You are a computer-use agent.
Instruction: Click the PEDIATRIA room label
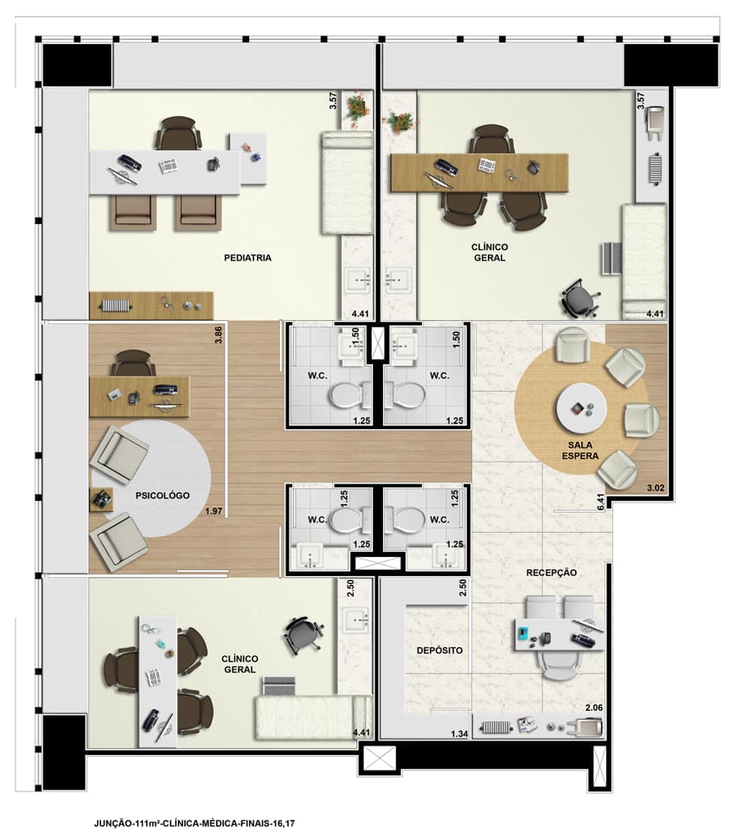(x=247, y=258)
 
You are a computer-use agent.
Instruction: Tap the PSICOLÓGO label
(x=162, y=496)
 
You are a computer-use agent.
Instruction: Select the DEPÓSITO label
(x=439, y=650)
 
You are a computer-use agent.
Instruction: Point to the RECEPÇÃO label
(x=552, y=573)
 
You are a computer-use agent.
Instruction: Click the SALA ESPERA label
(x=579, y=451)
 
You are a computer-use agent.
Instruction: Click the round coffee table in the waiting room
(x=581, y=409)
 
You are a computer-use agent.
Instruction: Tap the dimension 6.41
(x=601, y=502)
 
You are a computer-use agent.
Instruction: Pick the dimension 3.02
(x=656, y=488)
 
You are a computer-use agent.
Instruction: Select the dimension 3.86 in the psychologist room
(x=218, y=335)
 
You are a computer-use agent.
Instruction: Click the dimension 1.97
(x=214, y=511)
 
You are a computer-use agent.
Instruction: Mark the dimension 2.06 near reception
(x=593, y=708)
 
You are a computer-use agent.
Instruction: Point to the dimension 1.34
(x=459, y=734)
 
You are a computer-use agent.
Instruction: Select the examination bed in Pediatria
(x=347, y=183)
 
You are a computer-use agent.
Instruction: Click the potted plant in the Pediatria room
(x=354, y=110)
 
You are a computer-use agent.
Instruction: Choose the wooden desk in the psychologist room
(x=139, y=397)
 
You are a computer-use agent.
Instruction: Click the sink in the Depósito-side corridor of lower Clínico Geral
(x=355, y=620)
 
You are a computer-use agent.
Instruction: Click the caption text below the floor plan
(x=195, y=823)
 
